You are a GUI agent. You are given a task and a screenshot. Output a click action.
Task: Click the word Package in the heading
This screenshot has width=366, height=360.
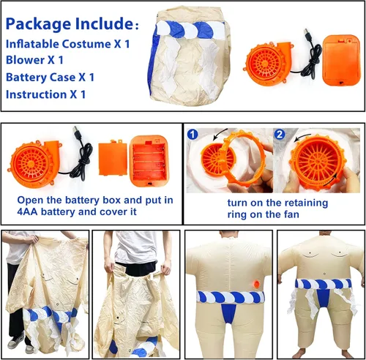[x=39, y=24]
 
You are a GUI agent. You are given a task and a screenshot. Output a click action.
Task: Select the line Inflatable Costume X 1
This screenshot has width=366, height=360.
[x=67, y=44]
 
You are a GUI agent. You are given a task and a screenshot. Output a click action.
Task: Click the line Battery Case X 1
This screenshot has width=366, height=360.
[x=50, y=77]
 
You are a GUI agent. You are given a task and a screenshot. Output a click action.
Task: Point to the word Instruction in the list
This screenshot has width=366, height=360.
[x=36, y=94]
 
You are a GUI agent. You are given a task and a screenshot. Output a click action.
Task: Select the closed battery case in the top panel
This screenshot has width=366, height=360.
[x=341, y=60]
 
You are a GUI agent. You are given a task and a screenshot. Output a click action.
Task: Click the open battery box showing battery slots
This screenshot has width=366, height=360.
[x=149, y=162]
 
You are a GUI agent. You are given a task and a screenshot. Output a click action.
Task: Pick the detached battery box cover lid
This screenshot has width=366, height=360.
[x=113, y=158]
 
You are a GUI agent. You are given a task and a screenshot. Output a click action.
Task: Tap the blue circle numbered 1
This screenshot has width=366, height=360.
[x=193, y=135]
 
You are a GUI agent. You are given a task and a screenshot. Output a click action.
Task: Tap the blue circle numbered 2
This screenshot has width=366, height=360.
[x=280, y=135]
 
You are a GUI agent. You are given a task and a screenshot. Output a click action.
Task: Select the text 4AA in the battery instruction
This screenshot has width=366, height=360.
[x=27, y=211]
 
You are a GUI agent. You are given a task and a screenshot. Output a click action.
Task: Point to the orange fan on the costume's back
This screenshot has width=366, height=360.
[x=257, y=284]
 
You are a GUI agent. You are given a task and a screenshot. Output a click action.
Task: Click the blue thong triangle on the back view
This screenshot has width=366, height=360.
[x=229, y=312]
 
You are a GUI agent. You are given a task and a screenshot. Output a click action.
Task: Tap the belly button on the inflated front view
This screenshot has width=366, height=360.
[x=324, y=272]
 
